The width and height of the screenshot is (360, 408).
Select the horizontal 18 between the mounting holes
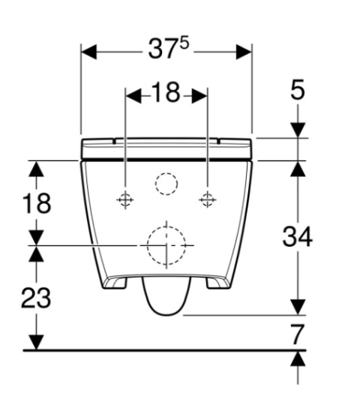pyautogui.click(x=166, y=94)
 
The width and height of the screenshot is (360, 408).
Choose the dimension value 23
pyautogui.click(x=35, y=298)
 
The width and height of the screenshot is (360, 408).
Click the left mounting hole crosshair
pyautogui.click(x=125, y=199)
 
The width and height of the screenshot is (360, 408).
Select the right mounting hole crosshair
pyautogui.click(x=207, y=199)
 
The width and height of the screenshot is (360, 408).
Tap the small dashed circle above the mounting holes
pyautogui.click(x=166, y=182)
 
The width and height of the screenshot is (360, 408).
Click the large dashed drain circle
pyautogui.click(x=166, y=244)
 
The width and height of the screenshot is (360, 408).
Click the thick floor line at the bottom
pyautogui.click(x=165, y=349)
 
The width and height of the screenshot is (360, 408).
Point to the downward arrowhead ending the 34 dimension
pyautogui.click(x=298, y=307)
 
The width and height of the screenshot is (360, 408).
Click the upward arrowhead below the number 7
pyautogui.click(x=298, y=358)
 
